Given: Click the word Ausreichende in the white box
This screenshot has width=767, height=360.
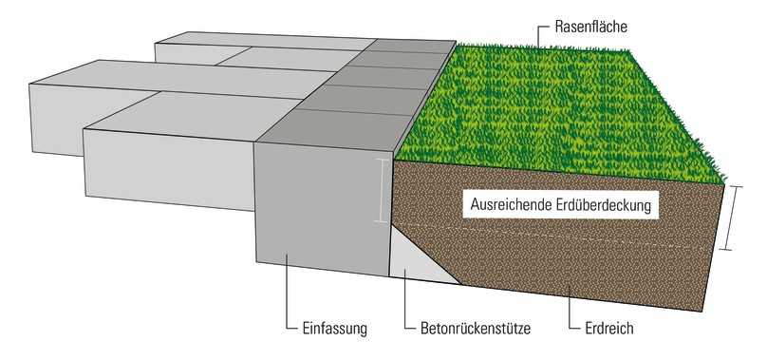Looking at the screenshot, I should click(x=514, y=203).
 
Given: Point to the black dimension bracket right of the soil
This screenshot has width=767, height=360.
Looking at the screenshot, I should click(x=728, y=218).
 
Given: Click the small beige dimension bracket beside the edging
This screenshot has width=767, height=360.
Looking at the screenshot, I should click(x=381, y=190).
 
